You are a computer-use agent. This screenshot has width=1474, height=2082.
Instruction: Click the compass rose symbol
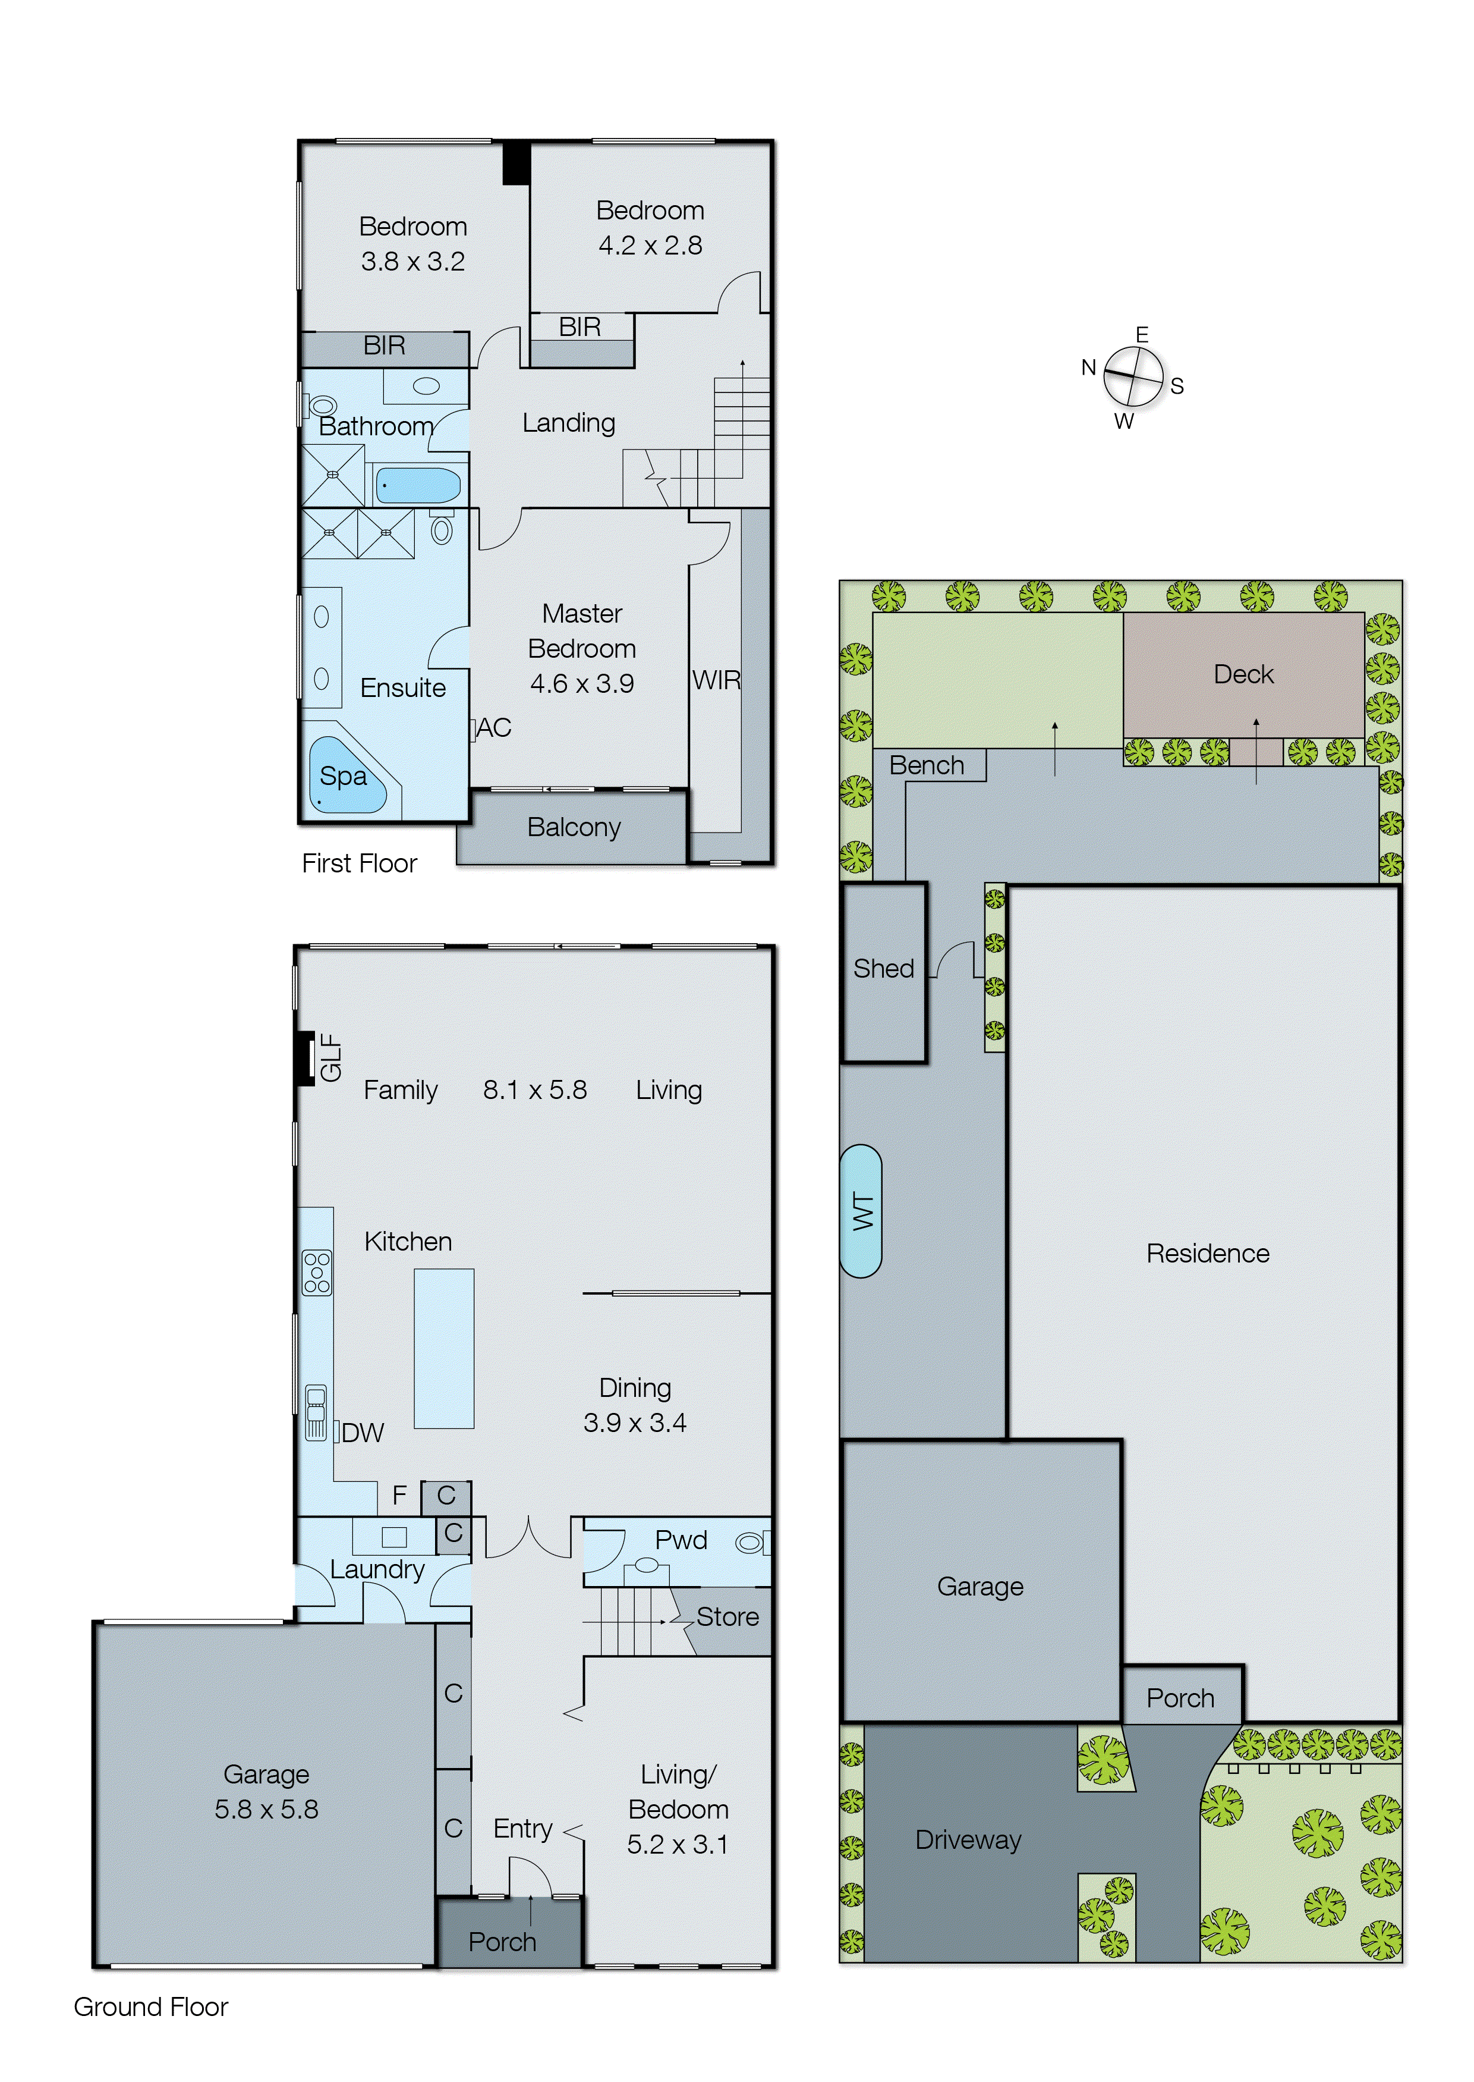1133,377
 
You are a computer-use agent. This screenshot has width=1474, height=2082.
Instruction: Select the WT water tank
861,1211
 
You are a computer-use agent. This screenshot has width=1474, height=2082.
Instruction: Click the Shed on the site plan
883,970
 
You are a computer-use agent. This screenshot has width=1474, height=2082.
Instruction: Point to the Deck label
1243,674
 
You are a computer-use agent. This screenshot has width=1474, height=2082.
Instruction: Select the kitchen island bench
444,1348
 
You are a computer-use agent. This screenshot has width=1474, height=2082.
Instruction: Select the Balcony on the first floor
574,827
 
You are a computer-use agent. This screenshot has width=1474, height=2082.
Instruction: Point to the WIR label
716,680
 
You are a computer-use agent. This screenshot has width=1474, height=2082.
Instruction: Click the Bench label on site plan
927,765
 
